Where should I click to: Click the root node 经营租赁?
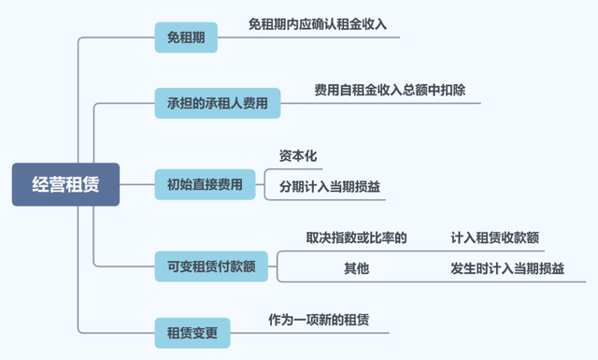pos(65,184)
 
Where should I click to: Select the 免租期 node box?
pos(186,38)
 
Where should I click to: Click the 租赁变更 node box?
pos(192,332)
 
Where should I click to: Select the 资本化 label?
pos(299,155)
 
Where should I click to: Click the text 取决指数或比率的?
pos(356,238)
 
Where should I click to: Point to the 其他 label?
pos(356,268)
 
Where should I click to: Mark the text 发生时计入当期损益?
pos(506,268)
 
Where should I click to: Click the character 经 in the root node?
pos(40,184)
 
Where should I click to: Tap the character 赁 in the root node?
pos(91,184)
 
